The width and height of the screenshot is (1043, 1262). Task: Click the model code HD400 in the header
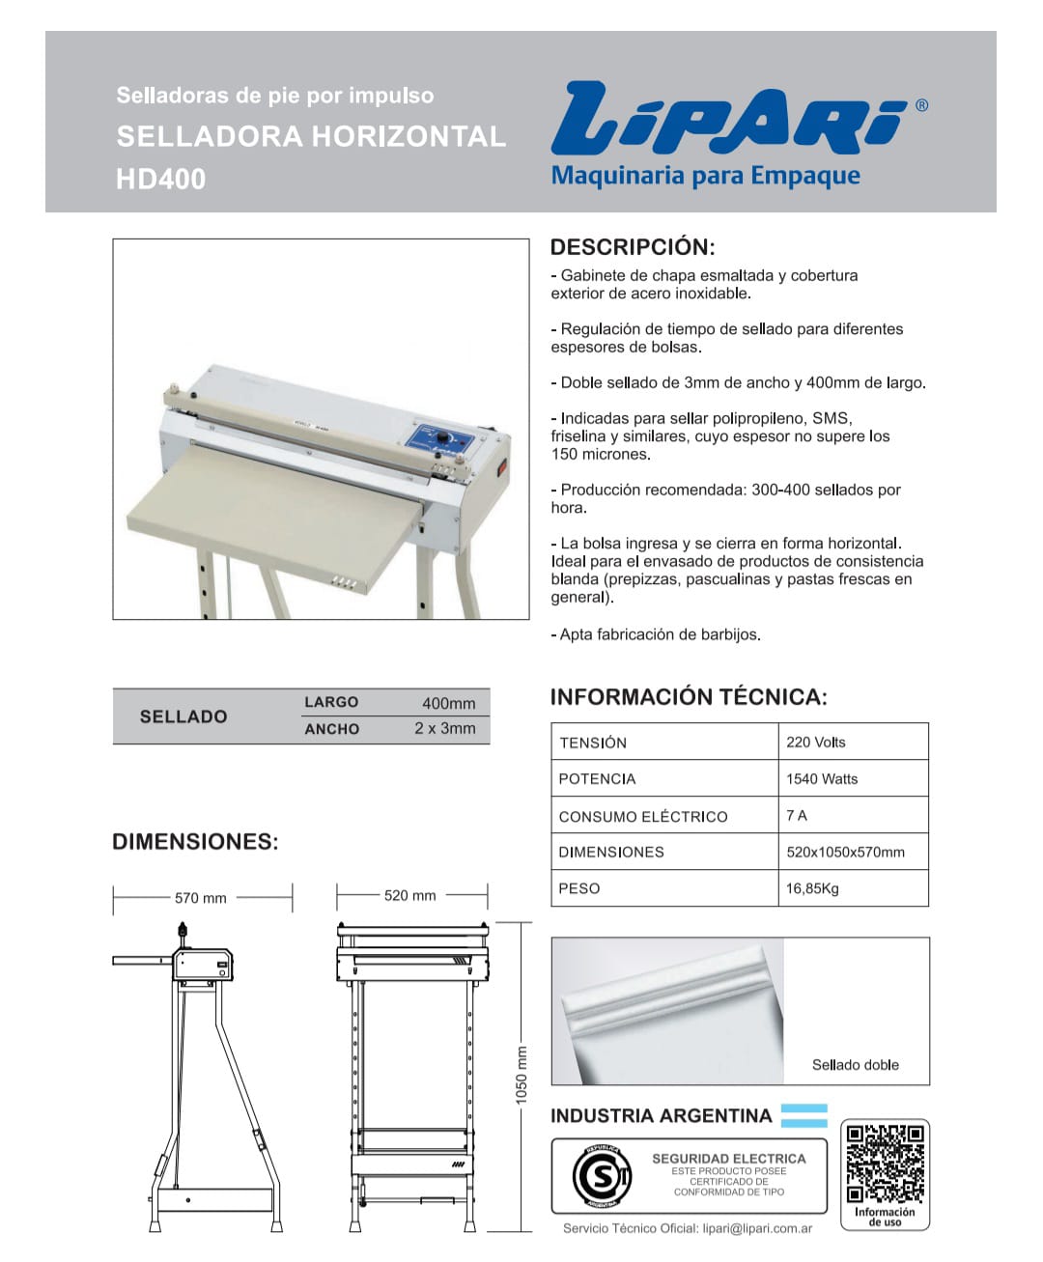click(160, 180)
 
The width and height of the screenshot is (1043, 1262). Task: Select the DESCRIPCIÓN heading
click(633, 246)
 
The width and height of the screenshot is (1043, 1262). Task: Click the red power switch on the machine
click(501, 471)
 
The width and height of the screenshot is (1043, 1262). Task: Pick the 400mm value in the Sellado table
click(448, 703)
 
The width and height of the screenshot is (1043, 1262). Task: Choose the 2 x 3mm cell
click(444, 729)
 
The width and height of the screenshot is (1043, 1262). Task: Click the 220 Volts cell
click(815, 743)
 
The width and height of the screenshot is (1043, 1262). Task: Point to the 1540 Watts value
click(821, 779)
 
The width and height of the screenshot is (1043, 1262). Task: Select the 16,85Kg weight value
click(812, 888)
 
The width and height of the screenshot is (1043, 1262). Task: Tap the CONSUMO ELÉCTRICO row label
click(643, 817)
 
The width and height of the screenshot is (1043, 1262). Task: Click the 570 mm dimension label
click(201, 898)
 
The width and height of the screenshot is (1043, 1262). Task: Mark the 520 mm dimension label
click(409, 896)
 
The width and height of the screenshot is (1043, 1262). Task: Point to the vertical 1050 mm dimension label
click(521, 1076)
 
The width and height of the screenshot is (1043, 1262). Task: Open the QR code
click(885, 1163)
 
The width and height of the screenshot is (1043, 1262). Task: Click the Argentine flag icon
click(803, 1115)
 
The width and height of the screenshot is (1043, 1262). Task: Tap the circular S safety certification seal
click(602, 1177)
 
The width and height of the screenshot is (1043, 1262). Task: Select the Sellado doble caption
click(855, 1065)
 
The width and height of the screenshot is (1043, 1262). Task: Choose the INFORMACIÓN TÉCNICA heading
click(689, 697)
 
